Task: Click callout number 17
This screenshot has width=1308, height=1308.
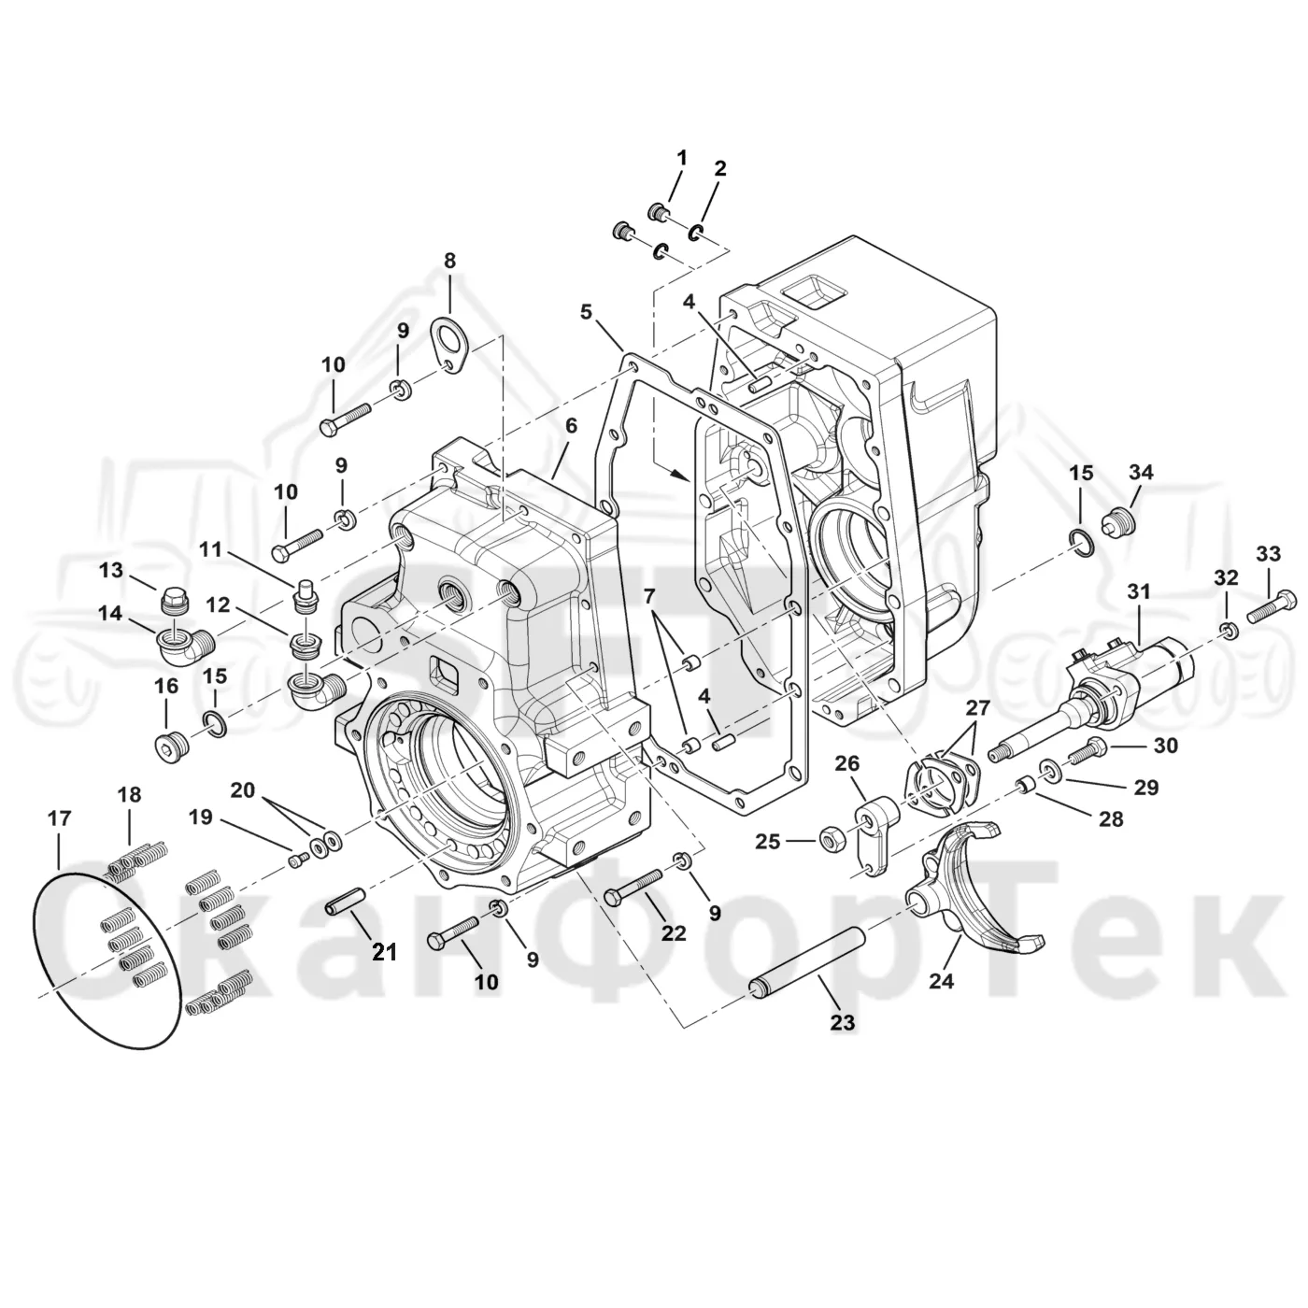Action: click(x=60, y=817)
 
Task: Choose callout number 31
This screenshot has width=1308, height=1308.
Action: click(x=1138, y=592)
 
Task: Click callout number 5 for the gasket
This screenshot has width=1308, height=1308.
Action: click(x=586, y=311)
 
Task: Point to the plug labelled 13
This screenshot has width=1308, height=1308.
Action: click(x=175, y=597)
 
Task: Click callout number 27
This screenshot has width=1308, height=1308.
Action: click(x=978, y=708)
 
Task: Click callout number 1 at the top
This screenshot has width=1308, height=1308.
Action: click(x=681, y=158)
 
